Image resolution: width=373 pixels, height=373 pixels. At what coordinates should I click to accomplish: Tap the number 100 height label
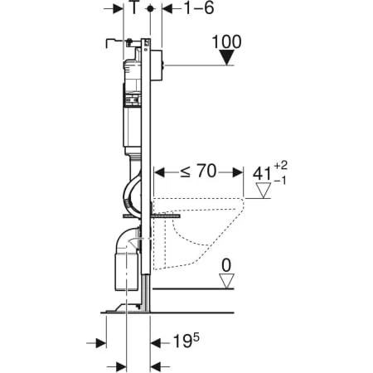pyautogui.click(x=227, y=41)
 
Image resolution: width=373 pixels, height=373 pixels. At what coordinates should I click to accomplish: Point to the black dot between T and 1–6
pyautogui.click(x=149, y=9)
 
